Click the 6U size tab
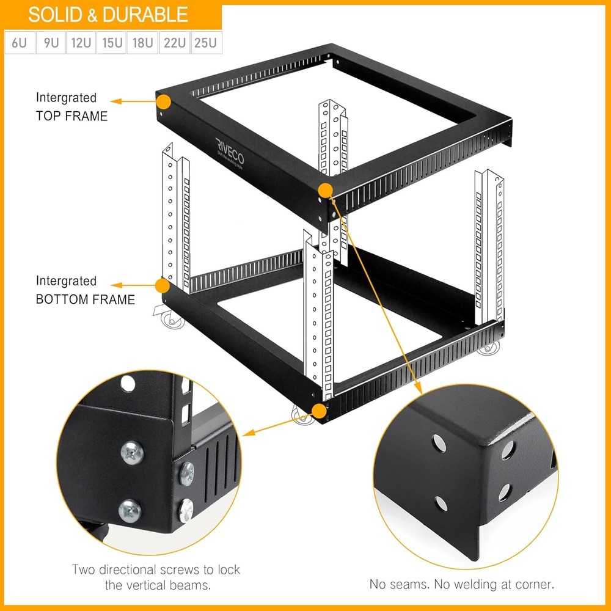(19, 44)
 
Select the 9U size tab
(50, 44)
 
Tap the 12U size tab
(81, 44)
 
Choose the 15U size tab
(112, 44)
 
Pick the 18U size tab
(142, 44)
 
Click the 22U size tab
(174, 44)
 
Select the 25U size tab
(206, 44)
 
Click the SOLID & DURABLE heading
(108, 15)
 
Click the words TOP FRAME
(71, 115)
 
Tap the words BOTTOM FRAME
(85, 299)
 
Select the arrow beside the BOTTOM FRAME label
(133, 285)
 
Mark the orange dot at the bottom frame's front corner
(318, 410)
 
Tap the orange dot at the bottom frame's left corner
(162, 285)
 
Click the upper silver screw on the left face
(132, 453)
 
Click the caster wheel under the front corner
(301, 417)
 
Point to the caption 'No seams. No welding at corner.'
(462, 584)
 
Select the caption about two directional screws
(156, 577)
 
